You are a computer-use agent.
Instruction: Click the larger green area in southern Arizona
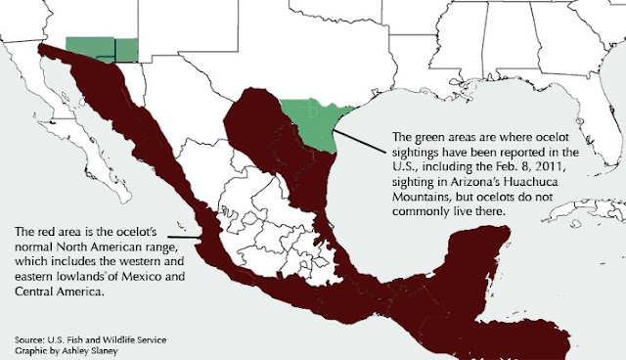click(89, 49)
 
